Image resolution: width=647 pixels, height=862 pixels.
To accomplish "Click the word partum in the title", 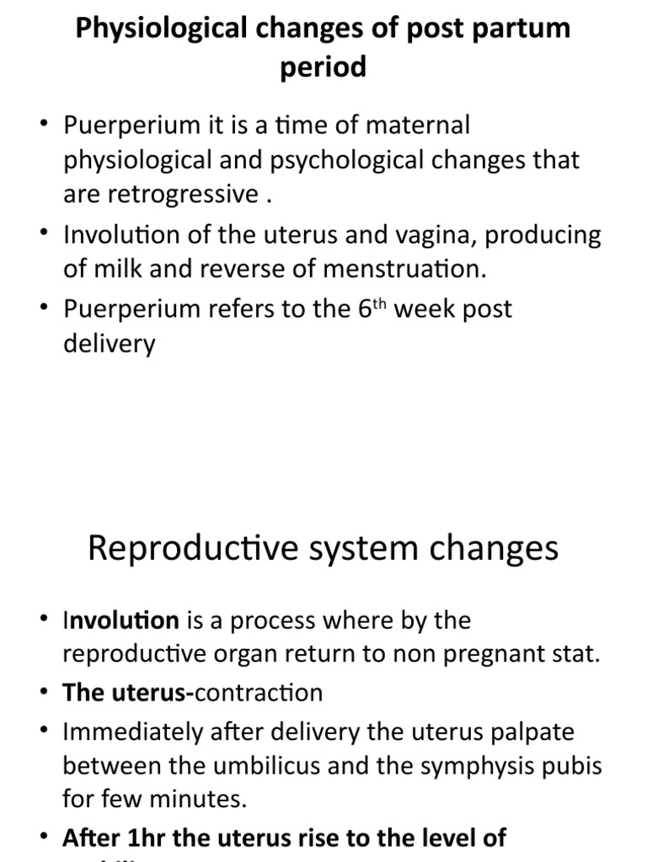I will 519,29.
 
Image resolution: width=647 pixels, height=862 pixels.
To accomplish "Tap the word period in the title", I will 323,67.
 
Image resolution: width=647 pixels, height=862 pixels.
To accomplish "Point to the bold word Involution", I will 121,621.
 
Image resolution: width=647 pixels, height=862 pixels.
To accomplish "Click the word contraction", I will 259,694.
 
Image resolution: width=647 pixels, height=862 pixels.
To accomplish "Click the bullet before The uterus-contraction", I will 43,694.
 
